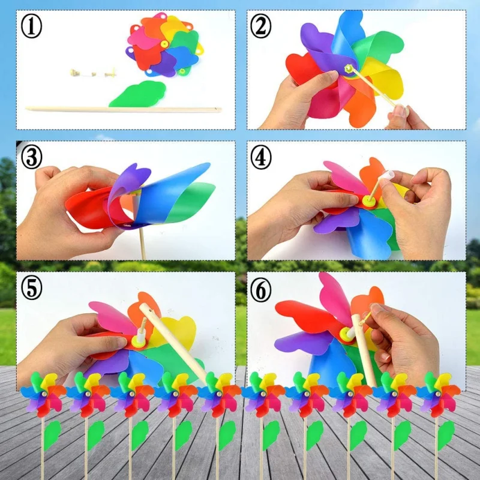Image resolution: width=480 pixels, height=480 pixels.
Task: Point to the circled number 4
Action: pyautogui.click(x=262, y=158)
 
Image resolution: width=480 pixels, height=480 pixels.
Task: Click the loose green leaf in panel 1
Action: pyautogui.click(x=138, y=95)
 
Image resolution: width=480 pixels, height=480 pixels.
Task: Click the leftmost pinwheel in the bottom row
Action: pyautogui.click(x=43, y=393)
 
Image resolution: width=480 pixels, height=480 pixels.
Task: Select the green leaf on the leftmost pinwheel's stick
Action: pyautogui.click(x=52, y=435)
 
